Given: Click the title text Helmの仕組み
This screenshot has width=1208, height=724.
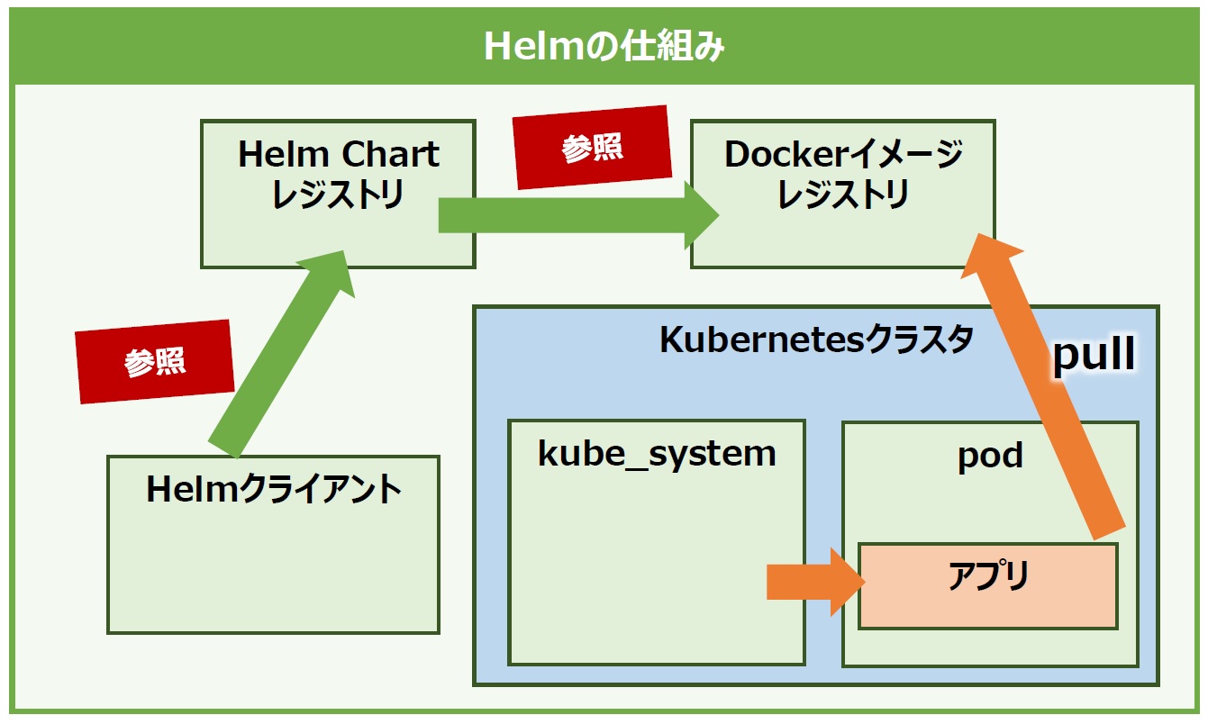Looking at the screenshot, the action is click(604, 46).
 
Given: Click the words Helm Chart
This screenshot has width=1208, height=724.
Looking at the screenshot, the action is click(339, 154).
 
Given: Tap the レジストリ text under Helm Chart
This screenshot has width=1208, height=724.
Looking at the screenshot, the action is click(338, 195).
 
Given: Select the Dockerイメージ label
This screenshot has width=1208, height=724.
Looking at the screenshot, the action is click(843, 154).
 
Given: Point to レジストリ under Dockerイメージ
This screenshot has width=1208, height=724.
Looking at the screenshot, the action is click(843, 195).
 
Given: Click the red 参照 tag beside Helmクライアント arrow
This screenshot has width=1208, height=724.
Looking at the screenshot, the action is click(155, 362).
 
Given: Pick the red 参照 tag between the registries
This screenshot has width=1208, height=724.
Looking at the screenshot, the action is click(592, 147).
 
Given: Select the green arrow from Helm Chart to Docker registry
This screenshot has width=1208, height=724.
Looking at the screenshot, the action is click(578, 215).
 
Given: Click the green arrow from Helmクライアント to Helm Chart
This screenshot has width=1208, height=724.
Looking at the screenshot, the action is click(282, 354).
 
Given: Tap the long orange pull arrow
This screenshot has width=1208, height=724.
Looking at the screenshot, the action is click(1043, 386).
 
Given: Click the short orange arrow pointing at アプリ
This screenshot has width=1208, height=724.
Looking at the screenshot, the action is click(816, 582).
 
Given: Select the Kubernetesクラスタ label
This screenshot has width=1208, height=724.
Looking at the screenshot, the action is click(816, 339).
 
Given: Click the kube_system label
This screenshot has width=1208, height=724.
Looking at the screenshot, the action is click(657, 454).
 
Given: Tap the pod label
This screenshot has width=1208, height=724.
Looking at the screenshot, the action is click(990, 456).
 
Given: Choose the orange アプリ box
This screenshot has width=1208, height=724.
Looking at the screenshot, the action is click(988, 586).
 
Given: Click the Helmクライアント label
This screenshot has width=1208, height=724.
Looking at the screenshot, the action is click(274, 490).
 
